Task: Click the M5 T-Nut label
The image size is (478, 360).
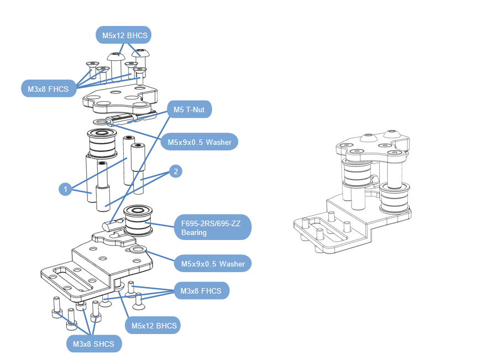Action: [x=189, y=110]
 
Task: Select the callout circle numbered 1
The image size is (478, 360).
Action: [x=65, y=190]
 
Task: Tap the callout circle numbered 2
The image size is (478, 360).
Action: [x=176, y=171]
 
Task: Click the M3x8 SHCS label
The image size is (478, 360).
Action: [x=93, y=344]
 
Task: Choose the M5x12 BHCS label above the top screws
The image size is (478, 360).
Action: [x=125, y=36]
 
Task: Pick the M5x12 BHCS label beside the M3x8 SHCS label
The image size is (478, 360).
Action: [x=154, y=326]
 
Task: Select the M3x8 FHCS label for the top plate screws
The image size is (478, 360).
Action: [x=48, y=88]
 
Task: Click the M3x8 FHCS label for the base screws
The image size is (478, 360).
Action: [x=201, y=291]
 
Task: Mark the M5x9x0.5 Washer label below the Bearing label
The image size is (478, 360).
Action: [x=213, y=263]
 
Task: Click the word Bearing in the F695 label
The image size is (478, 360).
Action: [x=194, y=233]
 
